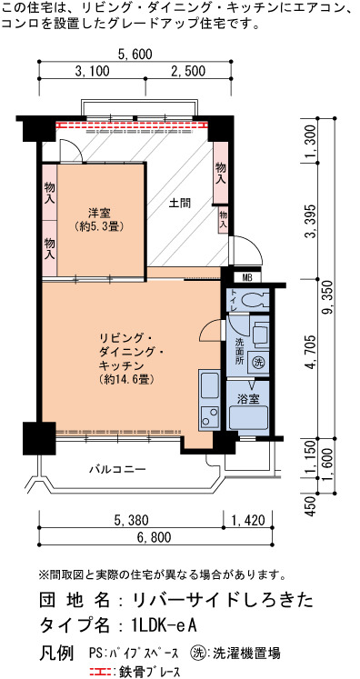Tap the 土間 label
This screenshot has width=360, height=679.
(180, 203)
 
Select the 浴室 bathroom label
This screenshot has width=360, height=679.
(248, 398)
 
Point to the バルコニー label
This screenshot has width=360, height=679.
(117, 468)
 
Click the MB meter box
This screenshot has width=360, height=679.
(247, 277)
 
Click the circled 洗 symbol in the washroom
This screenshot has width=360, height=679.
(258, 360)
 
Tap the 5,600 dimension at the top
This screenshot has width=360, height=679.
(135, 55)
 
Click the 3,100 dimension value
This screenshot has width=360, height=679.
(92, 71)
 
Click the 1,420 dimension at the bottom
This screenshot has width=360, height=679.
(248, 520)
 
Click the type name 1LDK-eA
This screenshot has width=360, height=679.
(165, 625)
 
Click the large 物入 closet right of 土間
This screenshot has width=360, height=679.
(221, 173)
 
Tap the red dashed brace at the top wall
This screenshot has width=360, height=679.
(132, 125)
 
